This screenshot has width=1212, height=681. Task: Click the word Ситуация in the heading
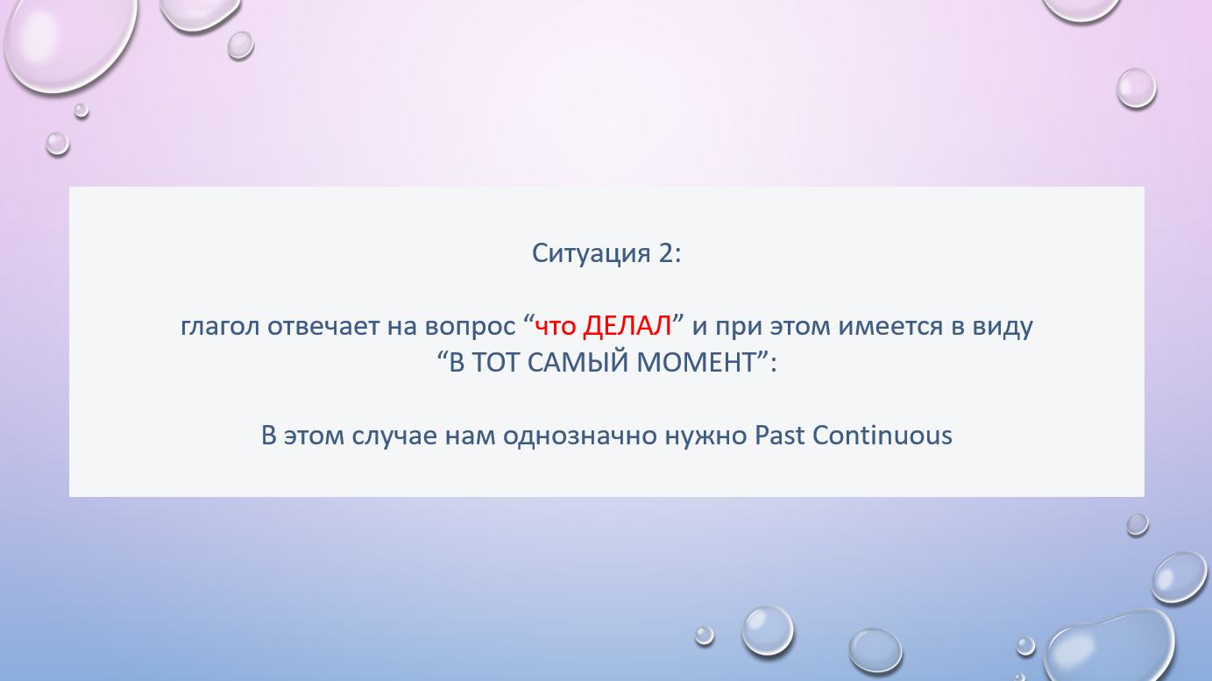tap(591, 253)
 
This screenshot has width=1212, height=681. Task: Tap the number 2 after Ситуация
tap(666, 252)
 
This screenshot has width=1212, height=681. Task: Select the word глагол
tap(220, 326)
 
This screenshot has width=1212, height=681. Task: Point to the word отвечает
tap(323, 326)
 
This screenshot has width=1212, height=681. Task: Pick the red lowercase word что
tap(555, 326)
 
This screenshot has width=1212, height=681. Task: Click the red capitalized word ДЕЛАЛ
tap(627, 326)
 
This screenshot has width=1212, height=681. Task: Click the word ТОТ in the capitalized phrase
tap(496, 362)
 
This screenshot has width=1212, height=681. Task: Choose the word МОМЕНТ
tap(696, 362)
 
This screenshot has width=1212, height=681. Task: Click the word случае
tap(394, 436)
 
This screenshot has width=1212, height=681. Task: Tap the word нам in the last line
tap(471, 436)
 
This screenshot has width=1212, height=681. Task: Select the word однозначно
tap(580, 436)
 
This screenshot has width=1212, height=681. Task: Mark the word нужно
tap(706, 436)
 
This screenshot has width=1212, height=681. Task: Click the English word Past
tap(780, 436)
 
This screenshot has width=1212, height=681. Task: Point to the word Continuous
tap(882, 436)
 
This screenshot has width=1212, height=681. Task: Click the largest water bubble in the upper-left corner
tap(69, 42)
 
